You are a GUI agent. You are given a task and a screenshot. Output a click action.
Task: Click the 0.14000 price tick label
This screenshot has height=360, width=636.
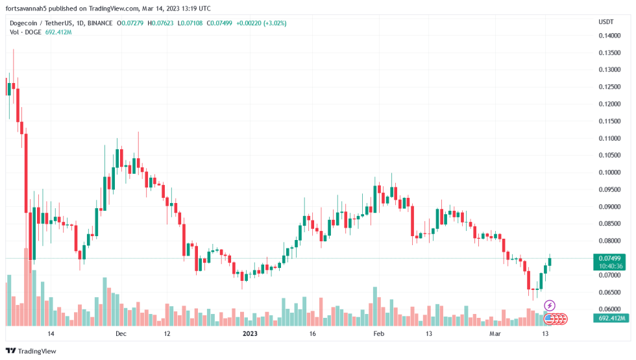click(610, 36)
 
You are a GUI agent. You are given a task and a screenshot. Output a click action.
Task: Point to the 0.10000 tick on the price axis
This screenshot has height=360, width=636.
click(610, 173)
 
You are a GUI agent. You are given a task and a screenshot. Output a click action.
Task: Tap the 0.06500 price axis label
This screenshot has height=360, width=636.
click(610, 292)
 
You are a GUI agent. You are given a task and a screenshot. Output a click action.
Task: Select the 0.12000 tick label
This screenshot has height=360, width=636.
click(610, 104)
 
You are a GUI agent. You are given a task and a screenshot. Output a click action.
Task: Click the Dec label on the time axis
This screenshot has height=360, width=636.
click(120, 334)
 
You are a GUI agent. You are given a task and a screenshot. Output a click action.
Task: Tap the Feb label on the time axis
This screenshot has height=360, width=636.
click(379, 334)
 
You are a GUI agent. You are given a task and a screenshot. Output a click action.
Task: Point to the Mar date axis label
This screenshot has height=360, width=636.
click(495, 334)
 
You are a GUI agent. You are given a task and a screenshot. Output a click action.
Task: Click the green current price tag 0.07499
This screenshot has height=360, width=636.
click(610, 258)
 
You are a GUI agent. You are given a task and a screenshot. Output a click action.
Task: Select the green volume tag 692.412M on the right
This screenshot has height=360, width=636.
click(611, 318)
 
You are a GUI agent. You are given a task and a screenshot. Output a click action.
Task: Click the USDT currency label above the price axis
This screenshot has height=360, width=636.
click(605, 22)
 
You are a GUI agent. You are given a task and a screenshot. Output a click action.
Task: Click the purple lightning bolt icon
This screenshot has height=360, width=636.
click(550, 306)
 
